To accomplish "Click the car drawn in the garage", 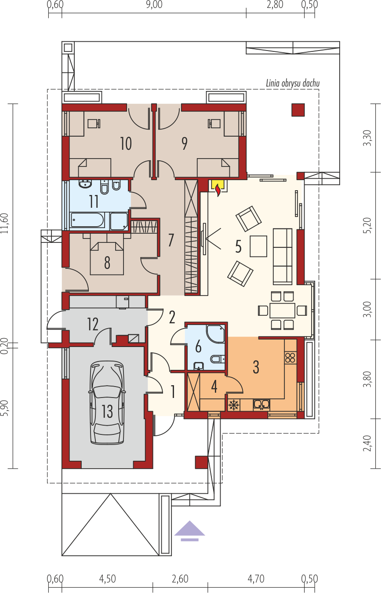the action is [107, 403].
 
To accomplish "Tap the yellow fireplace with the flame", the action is [218, 187].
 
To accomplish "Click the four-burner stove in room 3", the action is [290, 358].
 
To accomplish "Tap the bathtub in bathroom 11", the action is [88, 220].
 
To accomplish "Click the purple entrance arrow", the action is [189, 531].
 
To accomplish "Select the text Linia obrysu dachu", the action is [293, 83].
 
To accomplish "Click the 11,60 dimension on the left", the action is [4, 223].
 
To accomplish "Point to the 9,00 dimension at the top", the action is [154, 4].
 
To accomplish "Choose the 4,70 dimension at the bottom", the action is [256, 579].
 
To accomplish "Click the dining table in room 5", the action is [282, 311].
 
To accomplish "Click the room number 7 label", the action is [171, 240].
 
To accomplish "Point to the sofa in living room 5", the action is [283, 257].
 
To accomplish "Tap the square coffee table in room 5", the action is [258, 246].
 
